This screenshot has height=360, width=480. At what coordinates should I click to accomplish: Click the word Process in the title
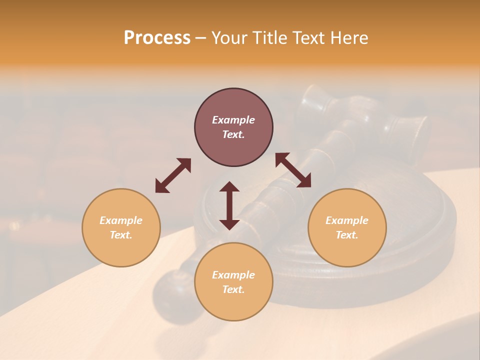pos(157,38)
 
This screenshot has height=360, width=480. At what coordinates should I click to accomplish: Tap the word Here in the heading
pos(349,38)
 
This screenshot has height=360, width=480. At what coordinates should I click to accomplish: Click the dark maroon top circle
pos(233,127)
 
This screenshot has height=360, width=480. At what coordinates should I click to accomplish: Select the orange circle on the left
pos(121,227)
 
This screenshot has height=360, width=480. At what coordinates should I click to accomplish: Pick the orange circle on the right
pos(347,227)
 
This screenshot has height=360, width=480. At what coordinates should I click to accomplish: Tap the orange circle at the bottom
pos(233,281)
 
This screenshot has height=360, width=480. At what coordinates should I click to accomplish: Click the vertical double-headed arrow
pos(229,205)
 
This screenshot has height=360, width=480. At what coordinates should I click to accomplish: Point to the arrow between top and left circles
pos(173,175)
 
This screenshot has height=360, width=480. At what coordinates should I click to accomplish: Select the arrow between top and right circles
pos(293,170)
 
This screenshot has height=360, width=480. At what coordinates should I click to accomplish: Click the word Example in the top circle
pos(233,120)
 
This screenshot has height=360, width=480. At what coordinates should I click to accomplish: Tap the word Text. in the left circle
pos(121,235)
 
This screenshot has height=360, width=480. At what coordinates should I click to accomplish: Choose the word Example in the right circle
pos(347,220)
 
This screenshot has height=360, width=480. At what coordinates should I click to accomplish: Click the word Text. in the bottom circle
pos(233,289)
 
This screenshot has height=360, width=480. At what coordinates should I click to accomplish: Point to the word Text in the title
pos(309,38)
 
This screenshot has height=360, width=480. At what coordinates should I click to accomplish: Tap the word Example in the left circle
pos(121,220)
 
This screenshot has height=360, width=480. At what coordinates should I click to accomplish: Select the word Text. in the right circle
pos(347,235)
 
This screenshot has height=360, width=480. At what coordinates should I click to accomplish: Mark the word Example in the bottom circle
pos(233,275)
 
